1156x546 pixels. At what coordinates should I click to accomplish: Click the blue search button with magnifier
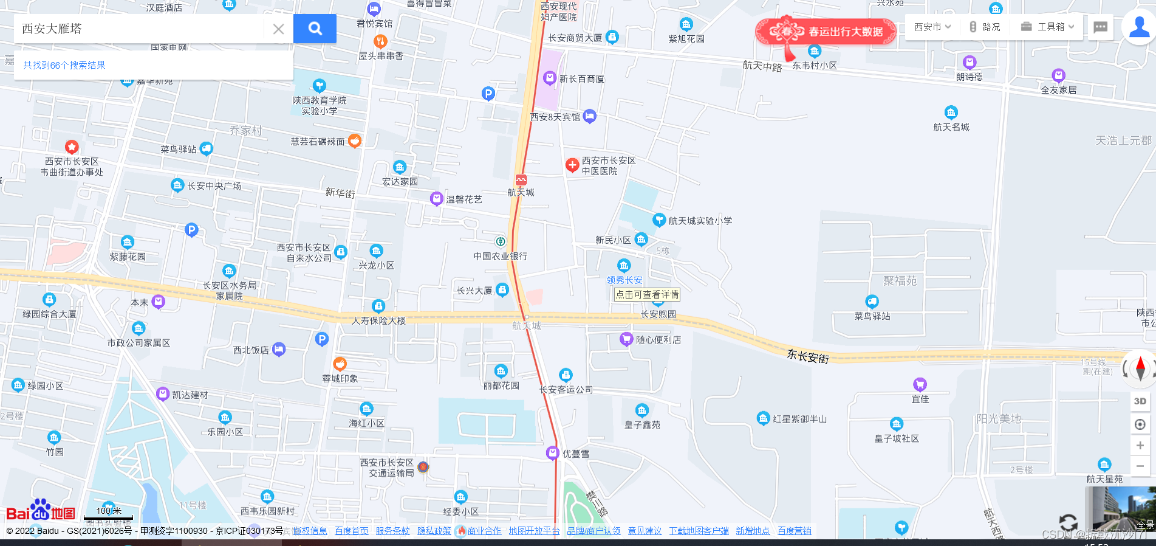(315, 29)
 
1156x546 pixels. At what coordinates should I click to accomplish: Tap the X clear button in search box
(278, 29)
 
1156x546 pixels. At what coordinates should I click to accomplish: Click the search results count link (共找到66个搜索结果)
(64, 65)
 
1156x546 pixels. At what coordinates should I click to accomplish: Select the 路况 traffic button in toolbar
(985, 27)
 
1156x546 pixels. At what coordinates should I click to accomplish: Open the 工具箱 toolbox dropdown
(1048, 27)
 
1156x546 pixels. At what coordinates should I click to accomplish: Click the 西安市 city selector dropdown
(932, 27)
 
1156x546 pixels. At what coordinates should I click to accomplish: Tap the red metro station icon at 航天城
(521, 180)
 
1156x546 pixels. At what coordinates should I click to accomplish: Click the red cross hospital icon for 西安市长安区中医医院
(572, 165)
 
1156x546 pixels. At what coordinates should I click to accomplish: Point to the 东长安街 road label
(808, 356)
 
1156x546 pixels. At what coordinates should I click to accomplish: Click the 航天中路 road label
(762, 66)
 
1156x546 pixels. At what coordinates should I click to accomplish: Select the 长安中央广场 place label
(214, 186)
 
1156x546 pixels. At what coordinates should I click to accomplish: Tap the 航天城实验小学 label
(700, 221)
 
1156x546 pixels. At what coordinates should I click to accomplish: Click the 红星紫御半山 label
(799, 419)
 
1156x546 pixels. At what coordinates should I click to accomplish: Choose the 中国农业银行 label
(501, 256)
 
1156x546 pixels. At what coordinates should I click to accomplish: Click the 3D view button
(1140, 401)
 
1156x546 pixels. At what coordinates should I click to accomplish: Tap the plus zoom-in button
(1140, 446)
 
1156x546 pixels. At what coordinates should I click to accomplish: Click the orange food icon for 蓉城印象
(340, 364)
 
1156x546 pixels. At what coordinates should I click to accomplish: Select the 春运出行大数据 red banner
(826, 32)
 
